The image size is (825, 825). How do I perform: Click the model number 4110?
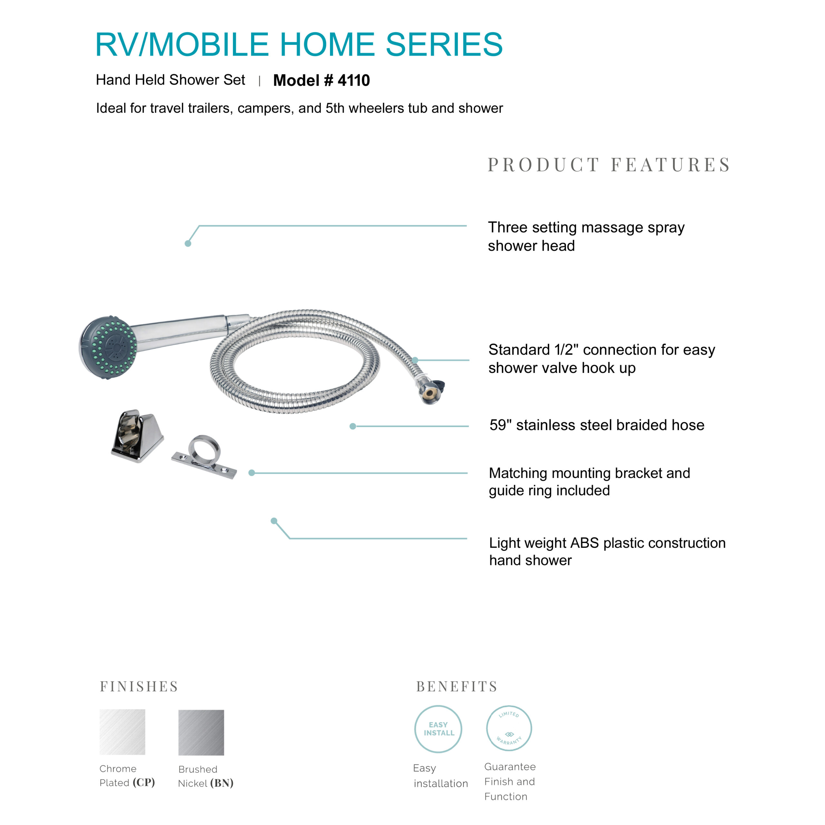click(x=354, y=80)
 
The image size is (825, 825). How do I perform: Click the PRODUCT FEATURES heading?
click(x=609, y=165)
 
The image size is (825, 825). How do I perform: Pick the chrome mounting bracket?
click(x=137, y=436)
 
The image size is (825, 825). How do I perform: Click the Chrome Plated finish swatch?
click(x=122, y=732)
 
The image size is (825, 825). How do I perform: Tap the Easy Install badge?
click(x=438, y=729)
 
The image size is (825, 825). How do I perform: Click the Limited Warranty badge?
click(x=509, y=728)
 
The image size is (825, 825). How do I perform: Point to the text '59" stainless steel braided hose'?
click(x=597, y=425)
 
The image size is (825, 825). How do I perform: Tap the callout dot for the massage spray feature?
click(x=188, y=243)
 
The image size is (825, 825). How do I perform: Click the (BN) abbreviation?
click(x=222, y=783)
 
